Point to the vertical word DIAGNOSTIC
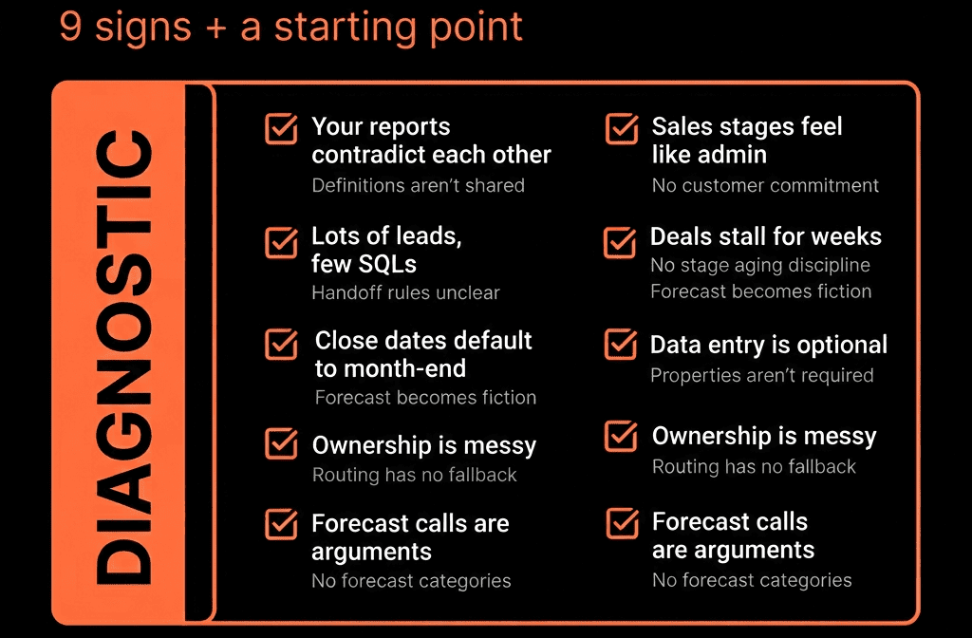tap(124, 357)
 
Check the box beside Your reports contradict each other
tap(281, 128)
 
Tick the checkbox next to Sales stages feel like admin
tap(622, 128)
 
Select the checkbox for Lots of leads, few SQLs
tap(281, 242)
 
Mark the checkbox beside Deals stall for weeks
tap(620, 242)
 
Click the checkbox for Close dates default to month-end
tap(281, 344)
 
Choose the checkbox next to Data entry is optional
tap(621, 344)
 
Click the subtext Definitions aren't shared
tap(419, 185)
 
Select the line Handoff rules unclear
tap(406, 292)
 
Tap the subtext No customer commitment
tap(766, 185)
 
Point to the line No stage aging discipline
tap(760, 266)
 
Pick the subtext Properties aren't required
tap(762, 375)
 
